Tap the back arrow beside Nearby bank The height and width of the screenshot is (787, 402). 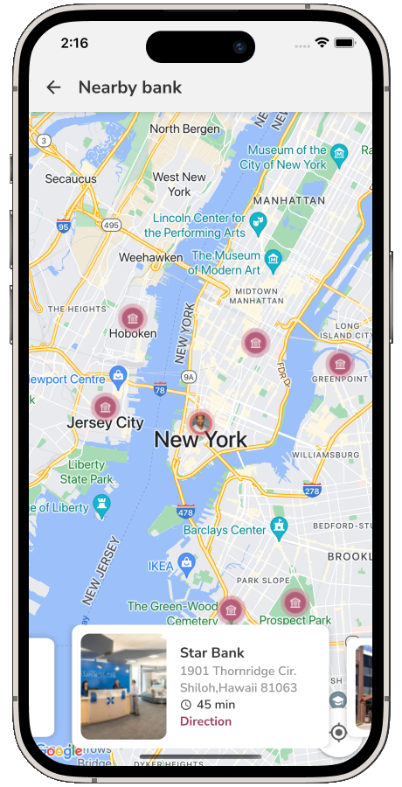coord(54,87)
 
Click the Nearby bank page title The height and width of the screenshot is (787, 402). coord(130,87)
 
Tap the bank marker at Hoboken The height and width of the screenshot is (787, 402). coord(132,317)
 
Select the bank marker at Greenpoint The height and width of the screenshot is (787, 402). coord(340,363)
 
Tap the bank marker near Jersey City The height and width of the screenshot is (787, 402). coord(105,407)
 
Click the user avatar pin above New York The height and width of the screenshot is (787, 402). coord(201,422)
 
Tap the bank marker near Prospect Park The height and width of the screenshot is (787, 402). coord(295,602)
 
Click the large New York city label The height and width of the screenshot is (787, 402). coord(200,440)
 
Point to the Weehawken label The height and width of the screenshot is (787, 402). coord(150,258)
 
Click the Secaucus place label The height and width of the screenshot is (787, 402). coord(71,178)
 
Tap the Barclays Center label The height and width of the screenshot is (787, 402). coord(225,530)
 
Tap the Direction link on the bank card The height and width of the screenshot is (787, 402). coord(205,721)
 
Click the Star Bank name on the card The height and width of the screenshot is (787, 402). coord(211,652)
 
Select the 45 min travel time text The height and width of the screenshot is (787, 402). coord(215,705)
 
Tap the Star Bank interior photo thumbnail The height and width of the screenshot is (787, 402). coord(123,686)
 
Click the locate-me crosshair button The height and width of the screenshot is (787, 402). coord(339,732)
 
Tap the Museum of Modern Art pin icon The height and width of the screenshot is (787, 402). coord(274,260)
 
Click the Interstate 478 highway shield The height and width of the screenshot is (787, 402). coord(185,511)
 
